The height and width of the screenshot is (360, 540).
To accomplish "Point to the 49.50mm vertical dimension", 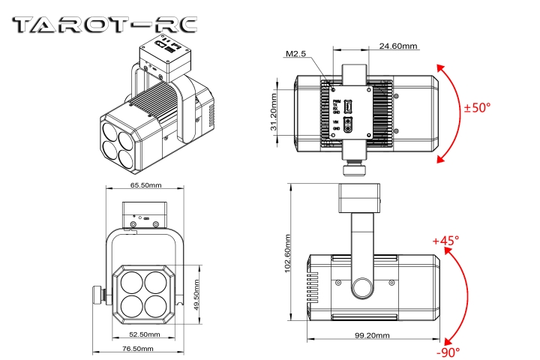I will [197, 295].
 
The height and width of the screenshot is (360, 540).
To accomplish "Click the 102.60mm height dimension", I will [287, 254].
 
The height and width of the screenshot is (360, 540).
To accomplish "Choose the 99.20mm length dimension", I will [372, 335].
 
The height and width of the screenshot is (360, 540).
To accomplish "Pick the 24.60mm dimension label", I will [398, 46].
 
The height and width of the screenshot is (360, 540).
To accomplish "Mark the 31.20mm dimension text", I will [274, 110].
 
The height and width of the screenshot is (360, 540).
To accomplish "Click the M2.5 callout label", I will [297, 54].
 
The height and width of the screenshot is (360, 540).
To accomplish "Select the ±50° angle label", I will [477, 108].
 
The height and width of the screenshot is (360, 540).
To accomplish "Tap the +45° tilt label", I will [446, 241].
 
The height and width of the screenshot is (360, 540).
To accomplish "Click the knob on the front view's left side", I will [97, 295].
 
